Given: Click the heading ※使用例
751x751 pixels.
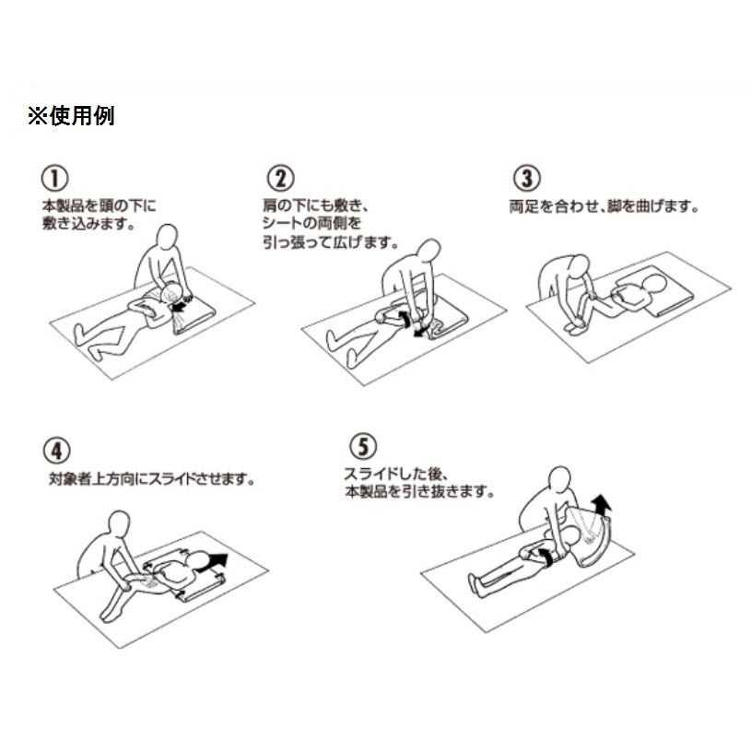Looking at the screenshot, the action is (71, 116).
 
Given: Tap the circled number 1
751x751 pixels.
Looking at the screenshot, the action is (54, 178).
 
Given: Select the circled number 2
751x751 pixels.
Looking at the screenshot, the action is (280, 178).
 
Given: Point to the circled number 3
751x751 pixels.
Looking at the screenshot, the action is (527, 178).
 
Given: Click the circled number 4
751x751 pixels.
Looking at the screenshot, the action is (57, 451).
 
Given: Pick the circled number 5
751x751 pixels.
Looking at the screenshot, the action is (363, 446).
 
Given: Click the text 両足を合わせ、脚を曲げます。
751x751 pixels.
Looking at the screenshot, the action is (604, 207).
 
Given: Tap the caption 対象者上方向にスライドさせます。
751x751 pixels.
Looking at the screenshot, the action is (152, 479).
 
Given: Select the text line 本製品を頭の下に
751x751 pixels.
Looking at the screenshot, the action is (100, 206).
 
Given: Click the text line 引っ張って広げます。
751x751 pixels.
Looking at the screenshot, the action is (331, 242).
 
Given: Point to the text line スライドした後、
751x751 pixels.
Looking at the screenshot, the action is (396, 474).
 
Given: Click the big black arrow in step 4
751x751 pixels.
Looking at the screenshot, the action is (214, 561).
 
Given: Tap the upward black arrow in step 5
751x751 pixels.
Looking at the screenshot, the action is (601, 505).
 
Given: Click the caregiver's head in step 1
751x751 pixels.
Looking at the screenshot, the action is (167, 237).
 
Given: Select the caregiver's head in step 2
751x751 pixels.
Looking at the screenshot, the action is (428, 252).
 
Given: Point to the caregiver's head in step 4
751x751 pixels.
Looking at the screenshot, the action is (119, 524).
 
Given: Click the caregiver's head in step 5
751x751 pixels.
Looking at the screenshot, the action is (559, 479).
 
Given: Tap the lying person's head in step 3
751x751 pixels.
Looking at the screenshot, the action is (653, 285).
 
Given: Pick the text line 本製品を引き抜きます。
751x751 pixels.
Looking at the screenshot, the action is (419, 492).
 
